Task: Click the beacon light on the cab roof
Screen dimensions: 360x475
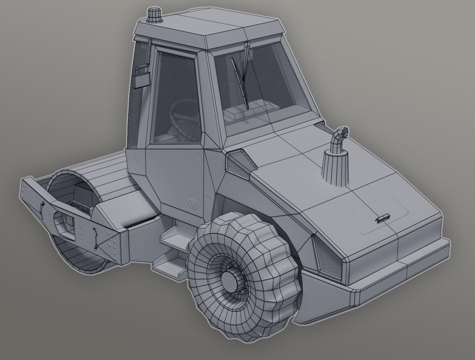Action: pos(154,16)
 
